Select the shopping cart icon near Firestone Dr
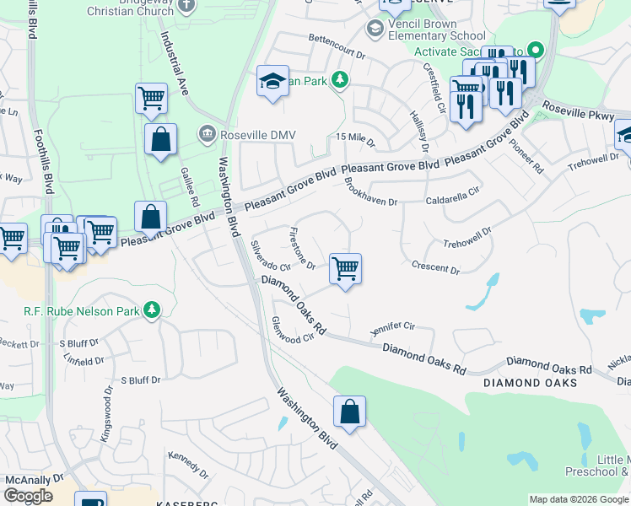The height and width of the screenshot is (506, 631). point(345,270)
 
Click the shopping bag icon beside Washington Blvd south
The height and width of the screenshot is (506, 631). point(349,412)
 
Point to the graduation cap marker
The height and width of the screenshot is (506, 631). point(272,82)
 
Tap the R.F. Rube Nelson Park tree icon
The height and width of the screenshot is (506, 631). point(152,310)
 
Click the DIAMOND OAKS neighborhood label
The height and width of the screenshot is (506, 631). point(531,383)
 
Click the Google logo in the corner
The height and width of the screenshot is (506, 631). point(29,496)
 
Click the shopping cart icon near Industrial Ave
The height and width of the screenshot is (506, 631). point(150,98)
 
